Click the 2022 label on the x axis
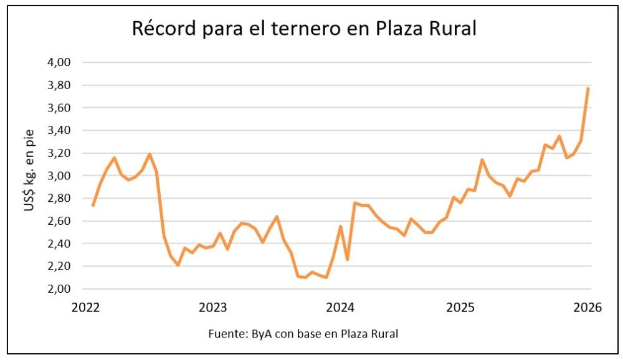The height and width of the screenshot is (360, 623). (86, 308)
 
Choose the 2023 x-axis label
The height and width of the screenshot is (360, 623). (212, 308)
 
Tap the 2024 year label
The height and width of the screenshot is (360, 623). (340, 308)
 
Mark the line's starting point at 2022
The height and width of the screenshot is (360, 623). (93, 205)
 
